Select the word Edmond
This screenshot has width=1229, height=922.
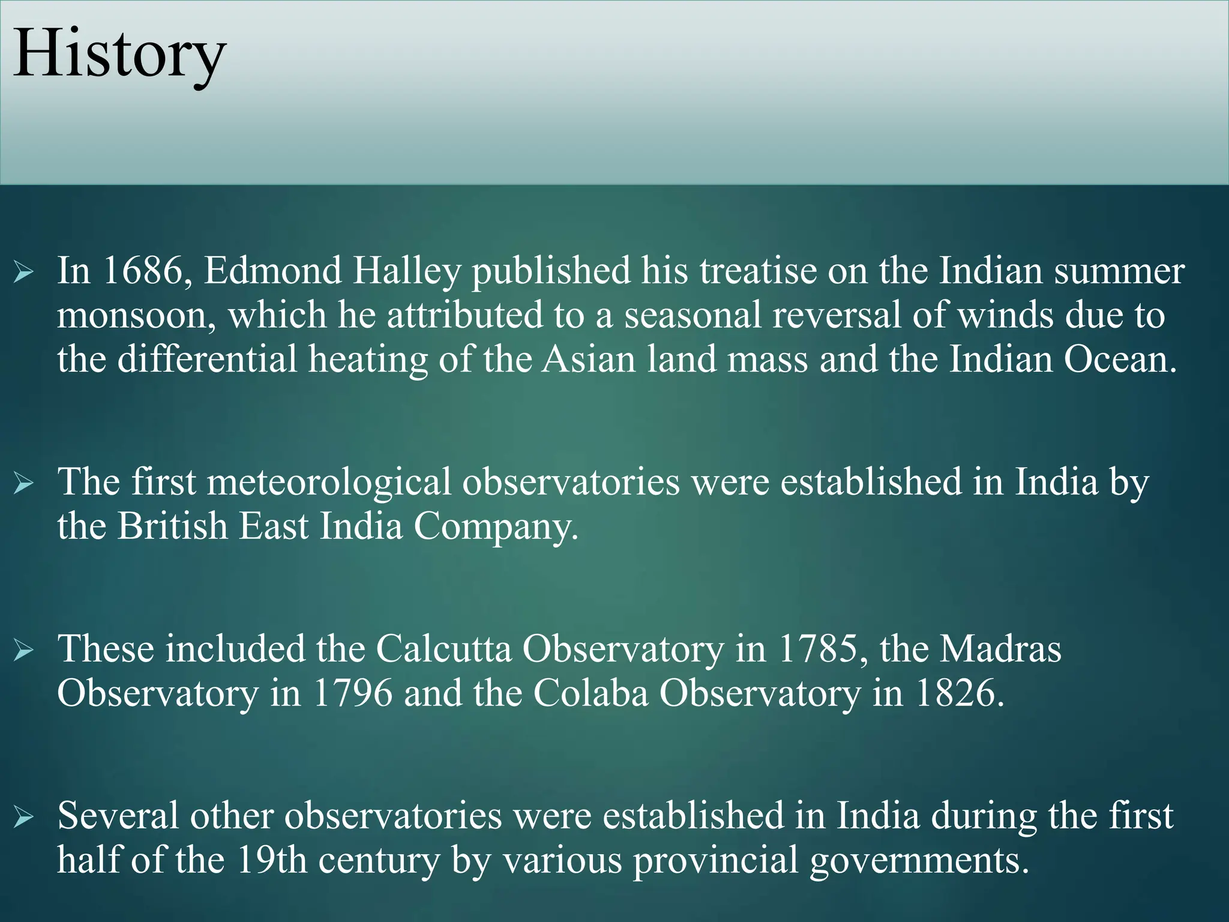click(272, 271)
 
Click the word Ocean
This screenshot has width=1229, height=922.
click(1120, 360)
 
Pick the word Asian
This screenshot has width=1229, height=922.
click(588, 360)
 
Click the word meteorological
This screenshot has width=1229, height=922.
click(329, 482)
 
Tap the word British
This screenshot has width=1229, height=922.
click(172, 526)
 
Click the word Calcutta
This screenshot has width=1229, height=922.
click(444, 649)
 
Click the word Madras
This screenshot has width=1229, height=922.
click(1000, 649)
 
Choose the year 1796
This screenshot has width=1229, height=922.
click(353, 693)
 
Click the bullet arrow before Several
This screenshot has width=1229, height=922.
click(24, 816)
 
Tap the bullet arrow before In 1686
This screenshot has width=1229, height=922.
click(24, 273)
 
